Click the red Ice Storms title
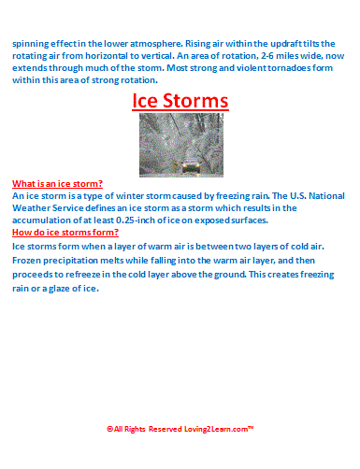pos(180,100)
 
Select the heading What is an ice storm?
pos(57,184)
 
